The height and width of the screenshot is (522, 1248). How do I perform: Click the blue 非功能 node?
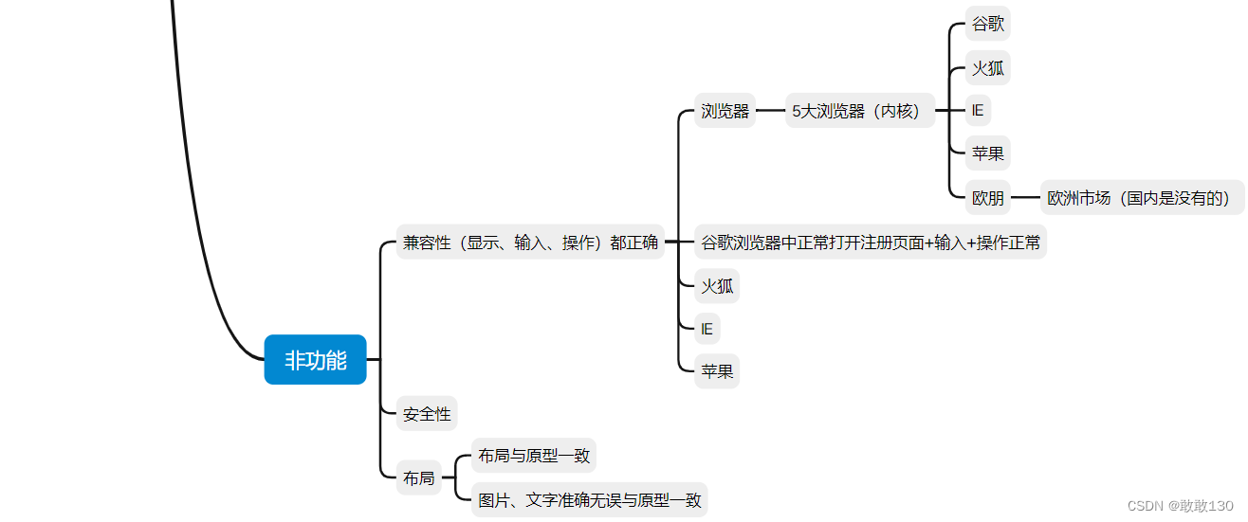click(x=315, y=360)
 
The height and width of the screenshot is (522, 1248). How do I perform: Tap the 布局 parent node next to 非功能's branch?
click(x=418, y=478)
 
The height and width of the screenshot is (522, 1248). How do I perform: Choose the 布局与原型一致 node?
click(x=534, y=456)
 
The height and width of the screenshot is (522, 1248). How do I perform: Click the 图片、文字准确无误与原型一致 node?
click(x=590, y=500)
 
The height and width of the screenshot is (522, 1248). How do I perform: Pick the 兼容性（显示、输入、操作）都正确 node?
click(x=530, y=243)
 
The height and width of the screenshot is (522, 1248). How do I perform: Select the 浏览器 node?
click(x=725, y=111)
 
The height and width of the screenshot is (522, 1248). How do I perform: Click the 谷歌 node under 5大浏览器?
click(x=988, y=24)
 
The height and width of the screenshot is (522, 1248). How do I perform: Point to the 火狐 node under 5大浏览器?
click(x=988, y=68)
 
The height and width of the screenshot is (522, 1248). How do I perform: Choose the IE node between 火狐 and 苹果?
click(x=978, y=111)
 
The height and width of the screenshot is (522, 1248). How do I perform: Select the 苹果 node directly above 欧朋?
click(x=988, y=153)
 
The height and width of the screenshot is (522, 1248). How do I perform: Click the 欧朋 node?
click(x=988, y=199)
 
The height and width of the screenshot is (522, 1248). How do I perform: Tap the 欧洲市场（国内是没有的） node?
click(x=1142, y=199)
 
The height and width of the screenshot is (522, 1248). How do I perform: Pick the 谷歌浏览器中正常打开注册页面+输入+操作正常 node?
click(x=871, y=243)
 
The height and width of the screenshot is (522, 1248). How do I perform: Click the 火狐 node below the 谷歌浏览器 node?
click(x=717, y=286)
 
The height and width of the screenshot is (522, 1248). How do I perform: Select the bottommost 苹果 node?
click(x=717, y=371)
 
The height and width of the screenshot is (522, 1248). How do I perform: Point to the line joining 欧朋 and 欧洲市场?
click(x=1025, y=199)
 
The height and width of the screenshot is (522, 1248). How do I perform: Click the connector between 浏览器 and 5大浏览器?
click(x=771, y=111)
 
